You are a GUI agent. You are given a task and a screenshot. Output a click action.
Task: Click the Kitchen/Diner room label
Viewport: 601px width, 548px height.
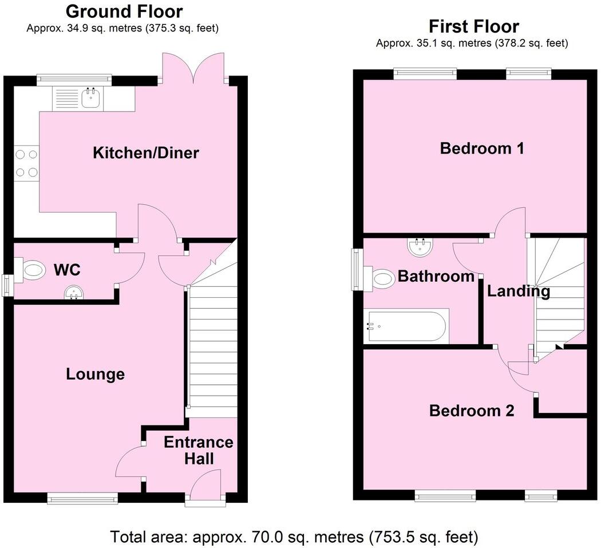pyautogui.click(x=146, y=153)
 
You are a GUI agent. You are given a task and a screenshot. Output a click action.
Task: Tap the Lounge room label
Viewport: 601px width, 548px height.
pyautogui.click(x=95, y=374)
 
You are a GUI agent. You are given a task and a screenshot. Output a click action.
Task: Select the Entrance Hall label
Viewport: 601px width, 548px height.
pyautogui.click(x=198, y=450)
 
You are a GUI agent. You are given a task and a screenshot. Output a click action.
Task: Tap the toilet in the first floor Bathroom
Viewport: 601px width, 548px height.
pyautogui.click(x=382, y=278)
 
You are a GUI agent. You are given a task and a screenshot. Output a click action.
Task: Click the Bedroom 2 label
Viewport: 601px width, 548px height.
pyautogui.click(x=472, y=411)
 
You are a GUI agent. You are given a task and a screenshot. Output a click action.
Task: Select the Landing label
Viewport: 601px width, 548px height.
pyautogui.click(x=518, y=291)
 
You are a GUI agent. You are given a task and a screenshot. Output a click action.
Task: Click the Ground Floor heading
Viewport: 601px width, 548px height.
pyautogui.click(x=124, y=11)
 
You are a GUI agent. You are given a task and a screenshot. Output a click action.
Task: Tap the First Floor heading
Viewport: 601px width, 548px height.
pyautogui.click(x=473, y=26)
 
